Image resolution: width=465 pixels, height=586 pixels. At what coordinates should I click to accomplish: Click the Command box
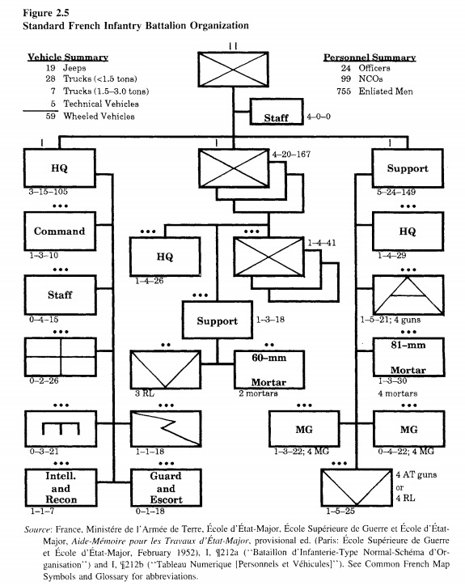click(x=60, y=231)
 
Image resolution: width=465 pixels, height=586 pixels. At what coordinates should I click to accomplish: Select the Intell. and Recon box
click(x=61, y=488)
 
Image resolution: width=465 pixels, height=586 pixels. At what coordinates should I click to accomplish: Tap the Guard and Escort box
click(x=166, y=488)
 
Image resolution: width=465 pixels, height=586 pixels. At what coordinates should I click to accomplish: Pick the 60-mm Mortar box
click(x=269, y=370)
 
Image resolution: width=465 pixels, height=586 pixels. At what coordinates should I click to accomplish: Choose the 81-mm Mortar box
click(x=408, y=357)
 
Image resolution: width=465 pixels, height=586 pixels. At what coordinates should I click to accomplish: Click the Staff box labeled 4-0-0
click(x=277, y=112)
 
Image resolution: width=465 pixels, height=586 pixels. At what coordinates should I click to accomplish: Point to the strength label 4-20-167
click(x=291, y=154)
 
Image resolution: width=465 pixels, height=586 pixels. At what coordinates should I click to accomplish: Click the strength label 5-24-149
click(x=396, y=192)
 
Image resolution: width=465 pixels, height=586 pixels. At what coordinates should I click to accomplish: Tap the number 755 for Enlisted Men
click(x=344, y=91)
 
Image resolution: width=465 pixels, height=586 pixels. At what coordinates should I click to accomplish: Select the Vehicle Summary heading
click(x=68, y=57)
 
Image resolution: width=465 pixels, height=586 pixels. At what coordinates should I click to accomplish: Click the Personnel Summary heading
click(x=370, y=57)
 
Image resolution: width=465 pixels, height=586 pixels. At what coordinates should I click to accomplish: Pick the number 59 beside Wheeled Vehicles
click(x=51, y=117)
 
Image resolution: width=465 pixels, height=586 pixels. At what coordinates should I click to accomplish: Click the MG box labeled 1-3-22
click(x=304, y=429)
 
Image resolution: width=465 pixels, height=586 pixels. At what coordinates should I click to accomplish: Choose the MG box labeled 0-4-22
click(x=409, y=429)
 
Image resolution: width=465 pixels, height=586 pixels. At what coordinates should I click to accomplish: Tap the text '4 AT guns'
click(x=416, y=474)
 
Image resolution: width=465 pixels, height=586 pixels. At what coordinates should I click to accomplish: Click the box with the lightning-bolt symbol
click(x=166, y=429)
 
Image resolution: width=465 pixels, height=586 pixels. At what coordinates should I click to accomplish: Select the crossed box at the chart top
click(x=233, y=70)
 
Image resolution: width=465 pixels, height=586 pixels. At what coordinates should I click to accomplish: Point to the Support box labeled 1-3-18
click(x=218, y=321)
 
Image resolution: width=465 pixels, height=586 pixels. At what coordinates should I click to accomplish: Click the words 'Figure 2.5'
click(x=46, y=13)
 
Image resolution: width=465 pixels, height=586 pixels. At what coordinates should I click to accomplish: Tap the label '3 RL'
click(x=145, y=393)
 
